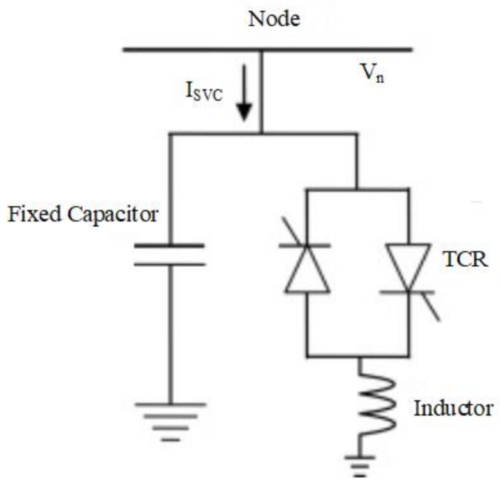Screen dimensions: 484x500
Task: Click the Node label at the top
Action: tap(274, 18)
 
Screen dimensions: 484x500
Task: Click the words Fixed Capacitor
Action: tap(82, 215)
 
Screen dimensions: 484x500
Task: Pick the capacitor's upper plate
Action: tap(170, 245)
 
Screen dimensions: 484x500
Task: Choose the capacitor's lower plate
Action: tap(170, 263)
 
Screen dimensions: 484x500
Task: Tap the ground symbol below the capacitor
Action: tap(170, 417)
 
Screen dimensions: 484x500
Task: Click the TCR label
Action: tap(467, 261)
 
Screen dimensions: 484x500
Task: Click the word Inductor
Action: tap(452, 408)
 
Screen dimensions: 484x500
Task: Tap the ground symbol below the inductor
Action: tap(359, 464)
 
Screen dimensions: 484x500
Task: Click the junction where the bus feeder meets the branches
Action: tap(261, 134)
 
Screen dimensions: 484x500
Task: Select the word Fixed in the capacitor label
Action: tap(30, 215)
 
